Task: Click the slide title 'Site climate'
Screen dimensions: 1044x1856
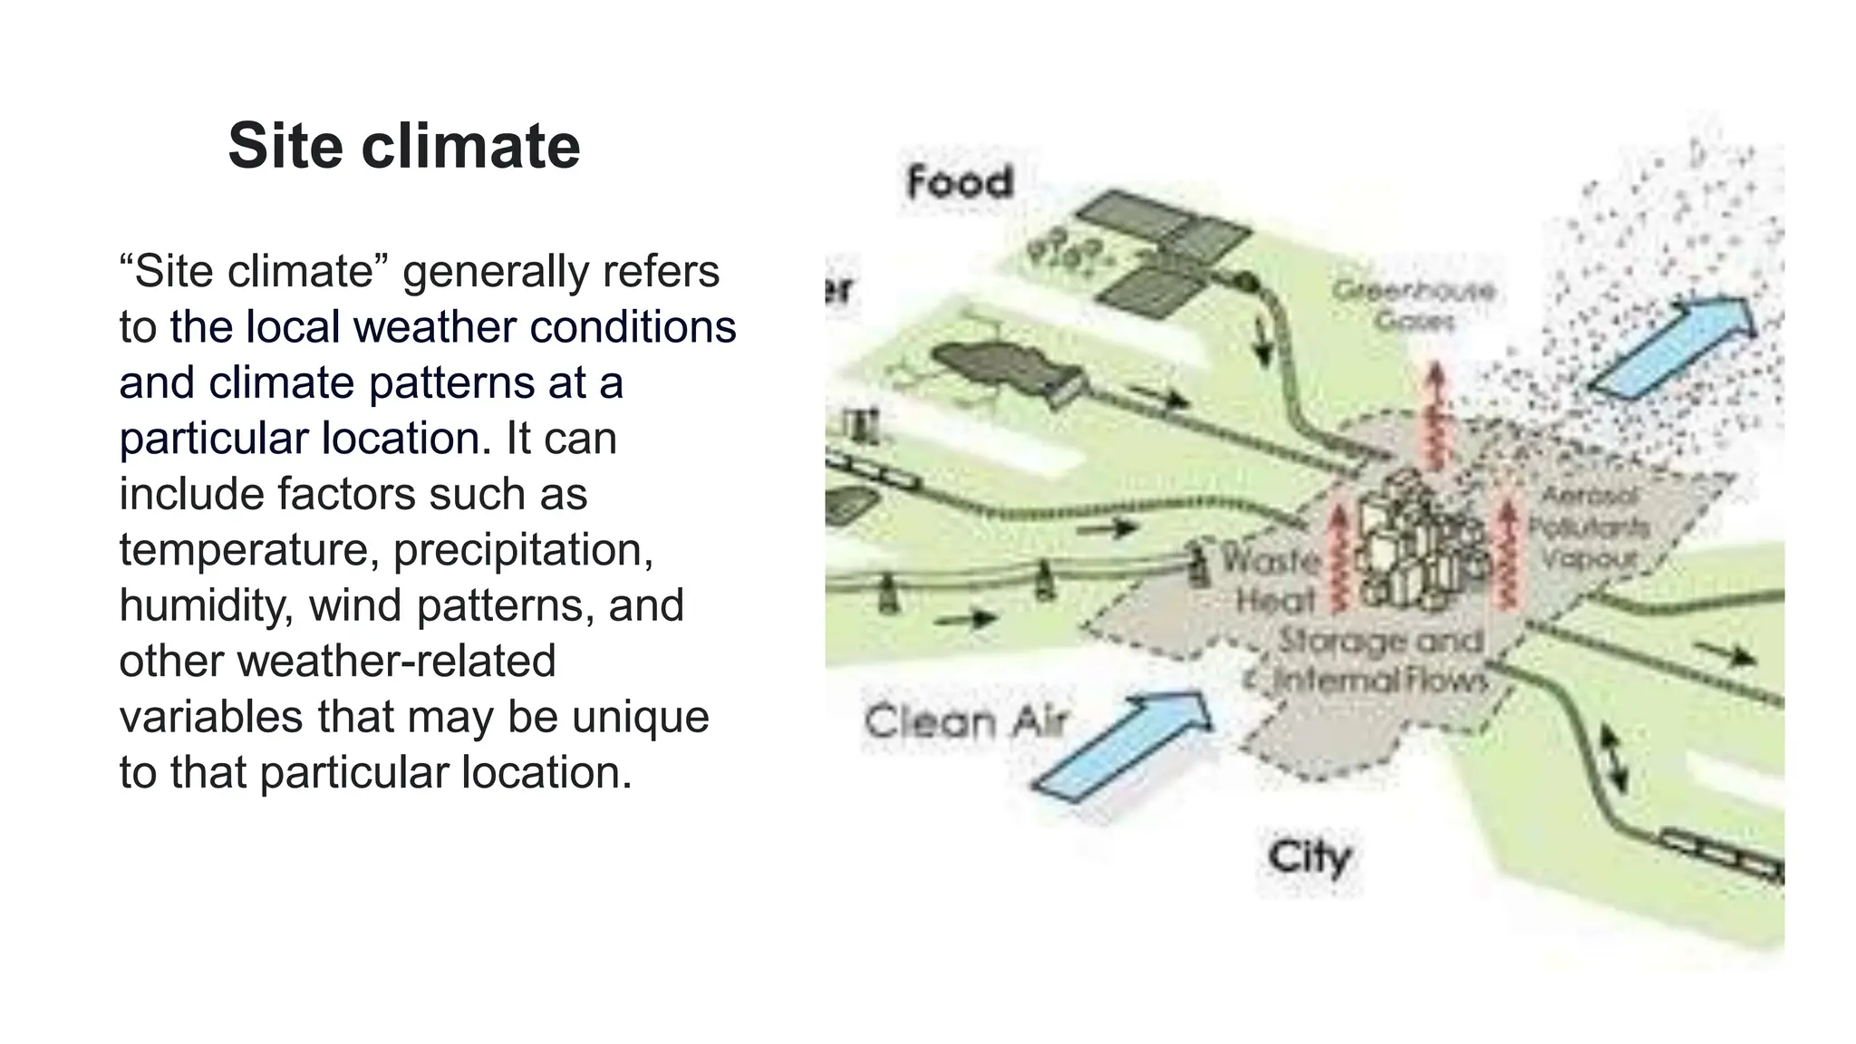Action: pos(404,146)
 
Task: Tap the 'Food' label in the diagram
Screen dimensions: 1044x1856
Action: pos(960,183)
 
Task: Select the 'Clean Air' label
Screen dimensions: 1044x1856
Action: pos(966,722)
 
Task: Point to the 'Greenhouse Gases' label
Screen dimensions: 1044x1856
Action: pos(1413,305)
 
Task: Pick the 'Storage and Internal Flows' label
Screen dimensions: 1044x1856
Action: pos(1380,660)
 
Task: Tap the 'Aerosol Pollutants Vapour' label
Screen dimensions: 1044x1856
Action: pos(1589,527)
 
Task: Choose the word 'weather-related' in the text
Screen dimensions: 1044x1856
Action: pos(396,661)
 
